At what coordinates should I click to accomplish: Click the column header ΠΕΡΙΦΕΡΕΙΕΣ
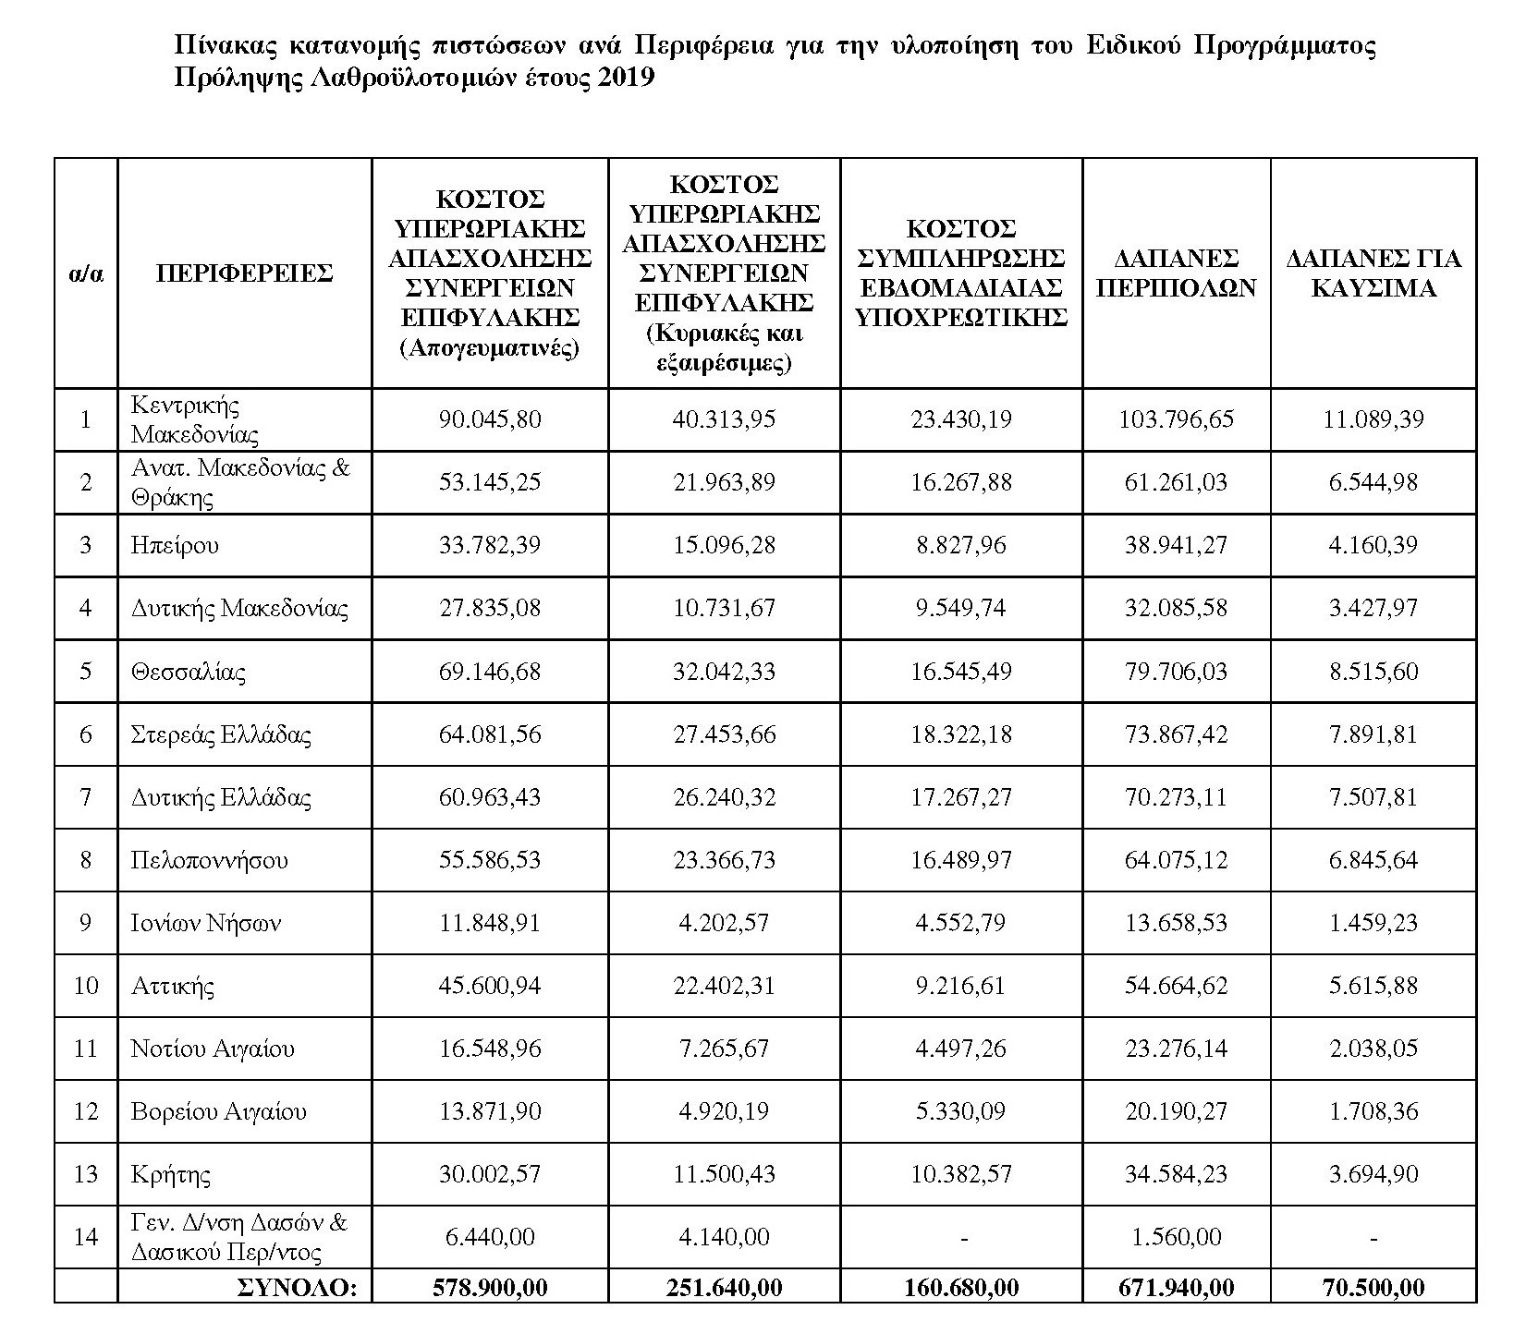click(244, 273)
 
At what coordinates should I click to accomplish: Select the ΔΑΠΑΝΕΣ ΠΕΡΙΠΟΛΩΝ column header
click(1176, 273)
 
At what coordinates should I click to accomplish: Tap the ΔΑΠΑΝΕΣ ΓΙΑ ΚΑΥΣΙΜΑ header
click(1373, 273)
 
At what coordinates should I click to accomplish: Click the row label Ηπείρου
click(176, 545)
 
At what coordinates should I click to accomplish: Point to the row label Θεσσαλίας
click(189, 672)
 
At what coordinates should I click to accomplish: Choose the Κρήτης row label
click(171, 1175)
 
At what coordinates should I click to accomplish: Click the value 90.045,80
click(489, 419)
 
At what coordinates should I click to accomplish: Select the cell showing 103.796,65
click(1176, 419)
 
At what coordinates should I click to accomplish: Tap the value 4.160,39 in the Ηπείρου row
click(1373, 545)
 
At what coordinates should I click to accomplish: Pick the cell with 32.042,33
click(725, 672)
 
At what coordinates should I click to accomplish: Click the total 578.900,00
click(489, 1287)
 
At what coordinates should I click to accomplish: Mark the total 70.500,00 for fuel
click(1373, 1287)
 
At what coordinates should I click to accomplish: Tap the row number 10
click(86, 986)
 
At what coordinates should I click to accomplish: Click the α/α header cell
click(86, 273)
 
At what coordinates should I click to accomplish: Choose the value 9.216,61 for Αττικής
click(961, 986)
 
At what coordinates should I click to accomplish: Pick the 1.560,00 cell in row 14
click(1176, 1237)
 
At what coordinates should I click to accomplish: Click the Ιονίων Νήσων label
click(206, 923)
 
